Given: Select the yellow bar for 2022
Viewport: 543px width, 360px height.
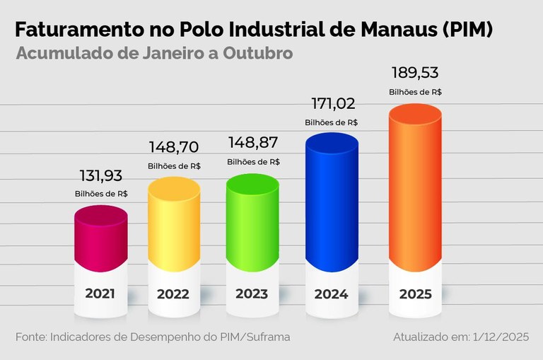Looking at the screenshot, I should click(x=174, y=223).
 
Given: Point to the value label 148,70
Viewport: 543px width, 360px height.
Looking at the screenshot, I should click(x=174, y=148).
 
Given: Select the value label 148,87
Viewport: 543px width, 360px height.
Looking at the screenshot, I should click(x=252, y=144).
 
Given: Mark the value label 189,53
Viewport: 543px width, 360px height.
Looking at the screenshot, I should click(x=415, y=74).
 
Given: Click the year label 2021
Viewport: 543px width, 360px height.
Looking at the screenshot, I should click(x=100, y=293).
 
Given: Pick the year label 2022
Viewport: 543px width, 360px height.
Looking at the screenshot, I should click(x=174, y=294).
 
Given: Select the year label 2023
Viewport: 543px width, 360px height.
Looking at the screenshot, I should click(x=252, y=294).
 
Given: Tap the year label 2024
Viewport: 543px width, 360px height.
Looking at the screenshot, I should click(x=332, y=294).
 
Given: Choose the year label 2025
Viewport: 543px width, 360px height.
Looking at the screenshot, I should click(x=415, y=294).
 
